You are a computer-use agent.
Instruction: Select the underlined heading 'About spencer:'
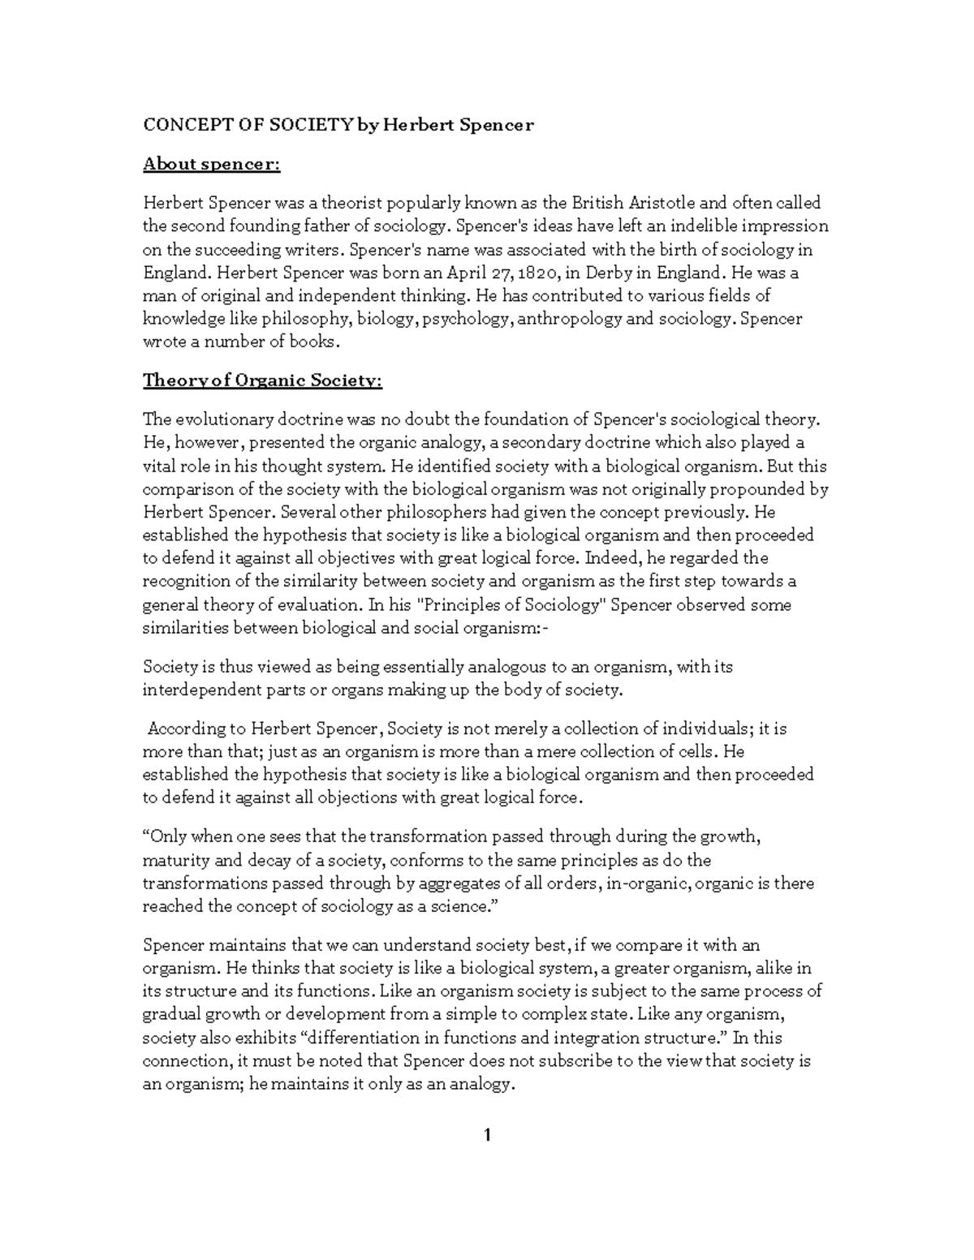[211, 165]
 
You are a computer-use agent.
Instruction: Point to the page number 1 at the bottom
[487, 1135]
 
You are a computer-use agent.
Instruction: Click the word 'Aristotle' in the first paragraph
[651, 203]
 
